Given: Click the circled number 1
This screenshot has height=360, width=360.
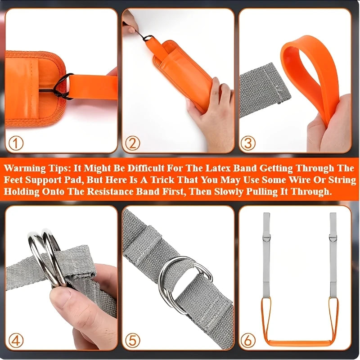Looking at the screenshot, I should click(16, 144).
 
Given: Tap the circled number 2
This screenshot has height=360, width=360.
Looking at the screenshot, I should click(133, 144).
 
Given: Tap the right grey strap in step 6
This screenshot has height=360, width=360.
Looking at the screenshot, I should click(333, 256).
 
